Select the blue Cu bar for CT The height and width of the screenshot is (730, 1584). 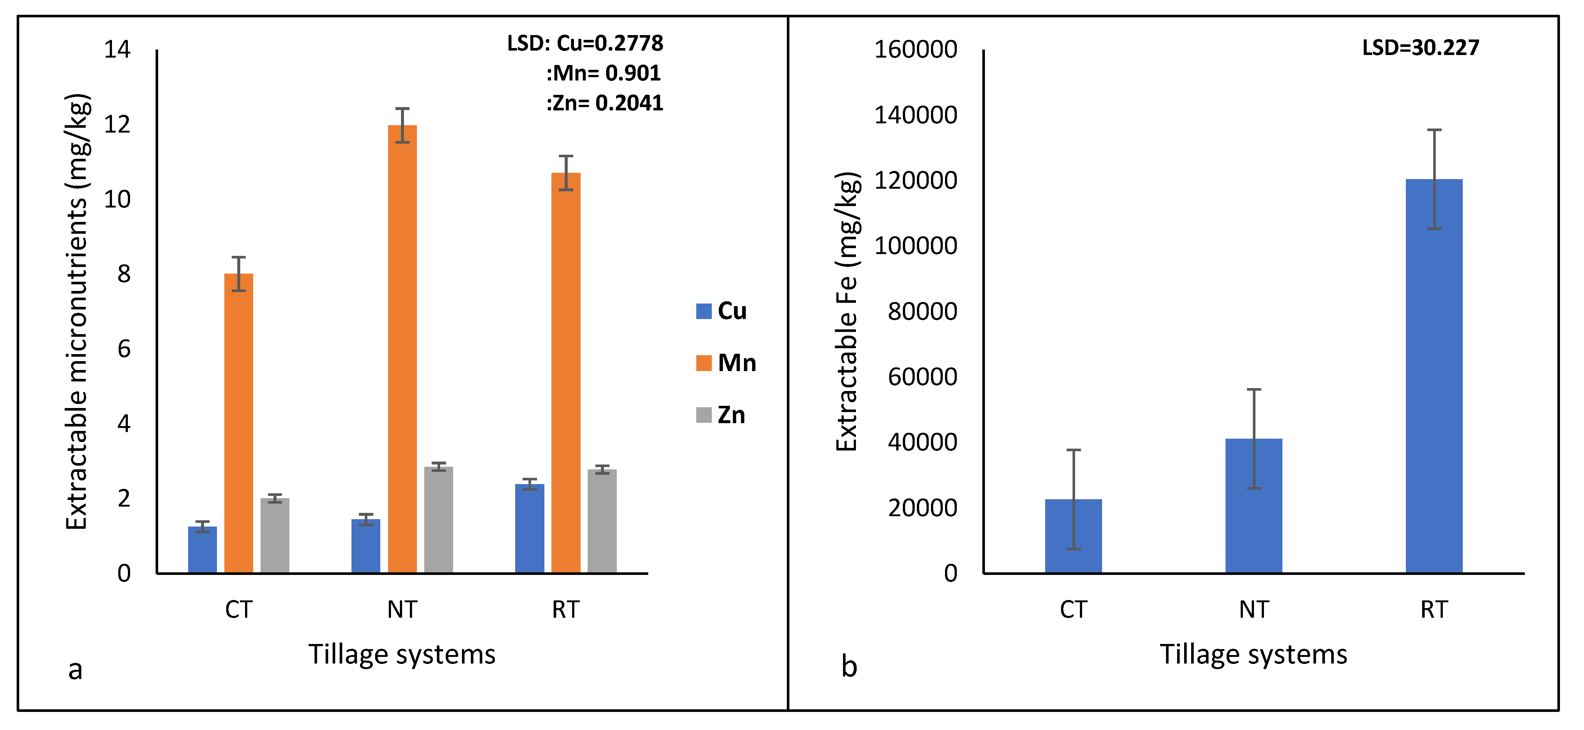(x=202, y=549)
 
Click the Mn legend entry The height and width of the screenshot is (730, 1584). (x=725, y=363)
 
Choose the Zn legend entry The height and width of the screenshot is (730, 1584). (x=721, y=415)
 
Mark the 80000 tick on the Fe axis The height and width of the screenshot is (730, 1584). (x=922, y=312)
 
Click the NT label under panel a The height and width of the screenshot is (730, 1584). (x=402, y=610)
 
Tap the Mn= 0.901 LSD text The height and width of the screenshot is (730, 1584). (x=604, y=73)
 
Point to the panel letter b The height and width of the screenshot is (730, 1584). (x=849, y=667)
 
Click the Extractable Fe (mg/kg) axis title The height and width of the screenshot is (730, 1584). (x=847, y=312)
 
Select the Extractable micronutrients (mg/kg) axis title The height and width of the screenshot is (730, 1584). (x=78, y=312)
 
